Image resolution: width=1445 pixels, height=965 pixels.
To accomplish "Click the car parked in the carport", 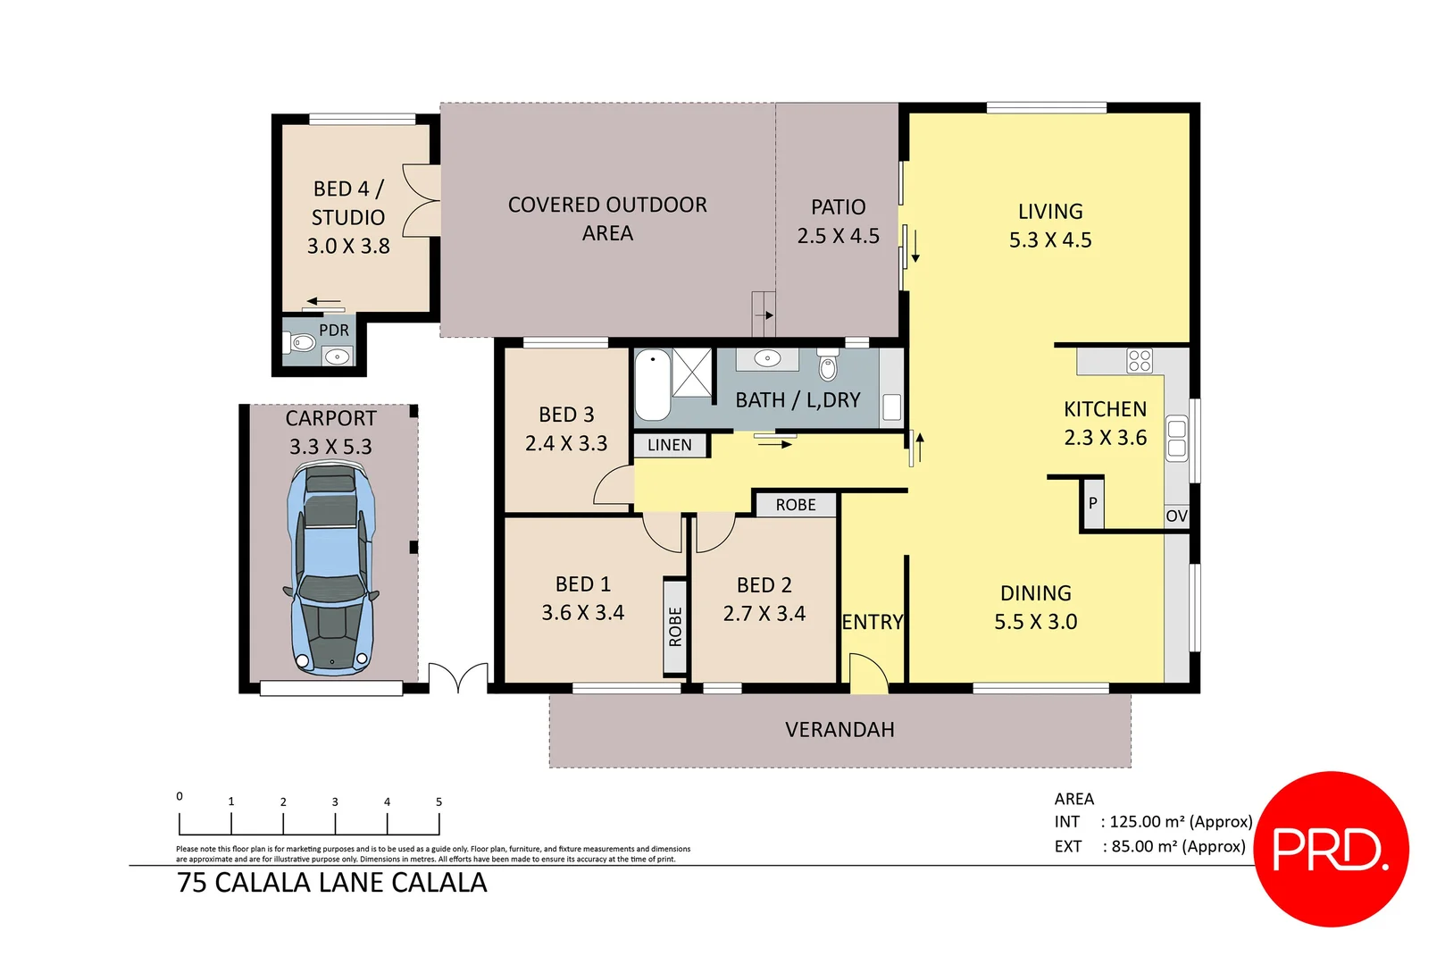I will pos(331,569).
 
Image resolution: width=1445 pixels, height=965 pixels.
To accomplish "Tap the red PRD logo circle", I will pos(1331,849).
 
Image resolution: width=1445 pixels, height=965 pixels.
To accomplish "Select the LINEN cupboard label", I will pos(670,445).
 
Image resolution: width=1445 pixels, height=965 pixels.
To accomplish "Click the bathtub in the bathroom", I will pos(652,384).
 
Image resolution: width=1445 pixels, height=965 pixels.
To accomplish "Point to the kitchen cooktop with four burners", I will pos(1140,361).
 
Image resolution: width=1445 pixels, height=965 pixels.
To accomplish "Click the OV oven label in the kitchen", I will pos(1176,516).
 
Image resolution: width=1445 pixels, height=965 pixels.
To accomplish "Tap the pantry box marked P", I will pos(1092,503).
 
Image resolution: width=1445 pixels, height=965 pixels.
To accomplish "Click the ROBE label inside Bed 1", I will pos(675,626).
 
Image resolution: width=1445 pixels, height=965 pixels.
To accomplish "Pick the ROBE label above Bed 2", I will pos(796,505).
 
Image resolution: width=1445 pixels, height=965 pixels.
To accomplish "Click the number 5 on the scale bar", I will pos(439,802).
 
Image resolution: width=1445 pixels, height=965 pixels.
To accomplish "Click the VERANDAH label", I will pos(839,730).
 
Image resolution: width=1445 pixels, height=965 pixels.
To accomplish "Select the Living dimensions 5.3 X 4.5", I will pos(1050,240).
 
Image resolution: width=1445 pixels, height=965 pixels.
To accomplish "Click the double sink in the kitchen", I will pos(1177,438).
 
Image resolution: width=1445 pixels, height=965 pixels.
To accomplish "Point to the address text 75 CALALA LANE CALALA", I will pos(332,883).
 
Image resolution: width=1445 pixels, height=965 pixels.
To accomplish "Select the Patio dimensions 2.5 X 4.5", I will pos(838,236).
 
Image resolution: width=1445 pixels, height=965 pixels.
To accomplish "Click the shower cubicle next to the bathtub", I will pos(692,373).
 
